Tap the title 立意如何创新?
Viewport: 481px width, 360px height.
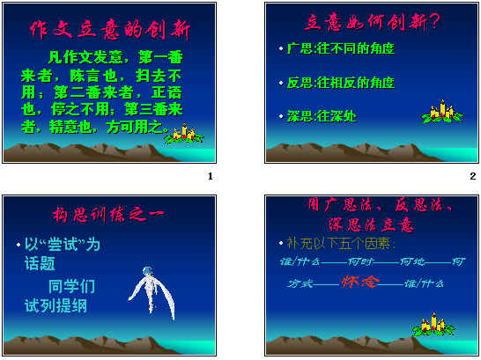pos(374,21)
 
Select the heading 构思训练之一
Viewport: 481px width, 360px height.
pos(111,215)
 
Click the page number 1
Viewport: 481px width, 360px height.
pos(210,177)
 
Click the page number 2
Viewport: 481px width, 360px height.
pos(473,177)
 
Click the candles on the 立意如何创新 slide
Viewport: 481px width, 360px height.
pos(441,112)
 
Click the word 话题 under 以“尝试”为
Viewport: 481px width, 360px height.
pos(41,263)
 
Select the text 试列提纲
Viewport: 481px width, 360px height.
pos(55,306)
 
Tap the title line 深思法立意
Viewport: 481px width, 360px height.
pos(373,224)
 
